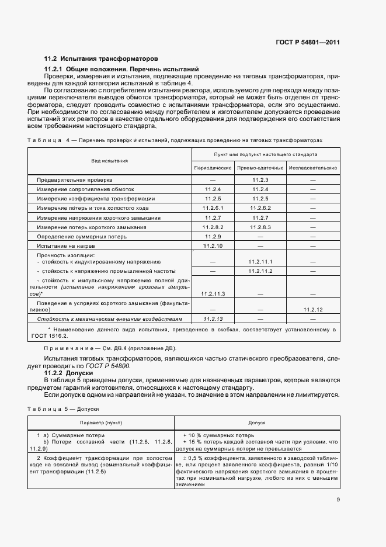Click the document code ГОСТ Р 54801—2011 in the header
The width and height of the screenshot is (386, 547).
[x=307, y=42]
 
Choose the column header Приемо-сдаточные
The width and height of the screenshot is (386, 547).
[x=260, y=168]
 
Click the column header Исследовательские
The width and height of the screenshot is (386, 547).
[x=313, y=168]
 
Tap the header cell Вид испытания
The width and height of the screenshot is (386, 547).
[x=109, y=161]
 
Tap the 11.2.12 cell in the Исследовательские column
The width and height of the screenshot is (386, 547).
[x=313, y=309]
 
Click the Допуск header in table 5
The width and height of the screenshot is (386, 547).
[x=257, y=421]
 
